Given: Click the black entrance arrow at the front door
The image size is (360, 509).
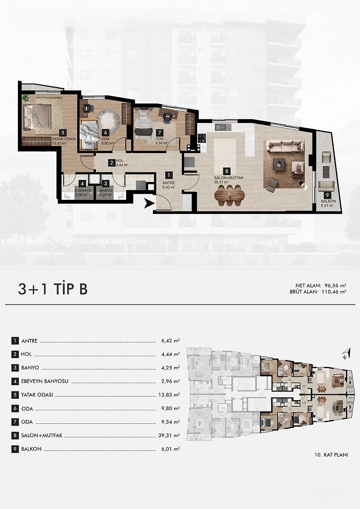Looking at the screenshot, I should [148, 204].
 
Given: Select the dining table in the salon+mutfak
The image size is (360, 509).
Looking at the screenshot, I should [229, 196].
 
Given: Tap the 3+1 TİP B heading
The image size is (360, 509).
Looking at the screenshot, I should [53, 289].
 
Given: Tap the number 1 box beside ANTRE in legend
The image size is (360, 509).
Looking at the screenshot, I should [15, 341].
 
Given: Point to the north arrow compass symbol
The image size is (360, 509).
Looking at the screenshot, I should [347, 353].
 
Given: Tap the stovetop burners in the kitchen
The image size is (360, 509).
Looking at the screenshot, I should [202, 138].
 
